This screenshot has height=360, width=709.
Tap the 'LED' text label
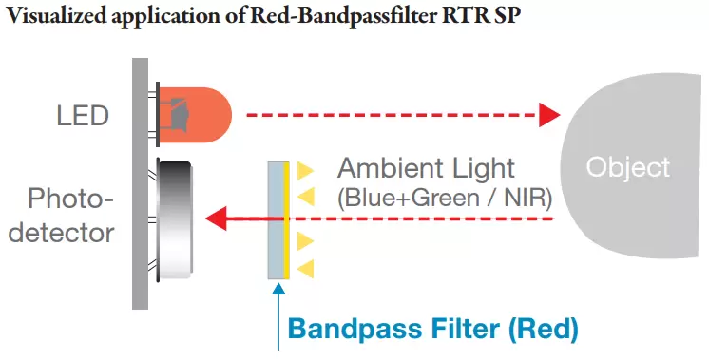point(82,117)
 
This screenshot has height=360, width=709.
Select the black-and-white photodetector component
point(177,219)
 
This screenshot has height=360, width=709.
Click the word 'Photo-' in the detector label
point(69,199)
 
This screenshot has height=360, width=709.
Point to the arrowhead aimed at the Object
point(549,116)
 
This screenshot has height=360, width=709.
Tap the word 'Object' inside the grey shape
point(628,167)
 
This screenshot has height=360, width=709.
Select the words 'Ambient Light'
point(427,169)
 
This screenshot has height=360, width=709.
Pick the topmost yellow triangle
point(304,171)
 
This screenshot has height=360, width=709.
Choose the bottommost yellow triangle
point(304,269)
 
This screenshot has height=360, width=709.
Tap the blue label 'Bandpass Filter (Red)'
point(432,330)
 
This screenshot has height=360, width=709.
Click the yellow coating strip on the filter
point(285,219)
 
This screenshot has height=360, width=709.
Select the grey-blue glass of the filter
point(276,219)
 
